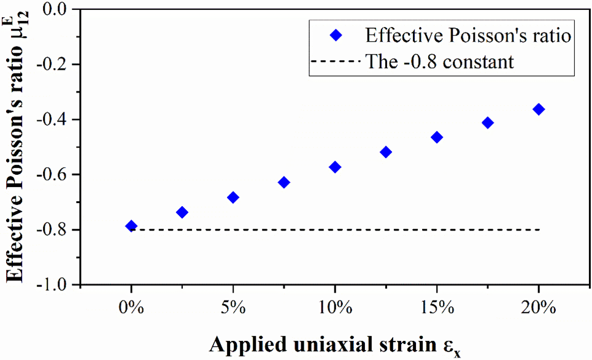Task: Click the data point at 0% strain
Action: pyautogui.click(x=131, y=226)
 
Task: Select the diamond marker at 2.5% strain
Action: pyautogui.click(x=182, y=212)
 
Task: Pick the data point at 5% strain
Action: pyautogui.click(x=233, y=197)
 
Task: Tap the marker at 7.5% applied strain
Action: pyautogui.click(x=284, y=182)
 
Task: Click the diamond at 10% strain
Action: pyautogui.click(x=335, y=167)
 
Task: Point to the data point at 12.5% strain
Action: pyautogui.click(x=386, y=152)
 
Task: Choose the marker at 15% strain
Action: pyautogui.click(x=437, y=137)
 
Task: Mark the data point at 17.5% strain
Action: pyautogui.click(x=488, y=123)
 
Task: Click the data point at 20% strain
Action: pyautogui.click(x=539, y=109)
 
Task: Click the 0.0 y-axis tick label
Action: pyautogui.click(x=56, y=9)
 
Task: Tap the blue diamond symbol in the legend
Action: pyautogui.click(x=335, y=36)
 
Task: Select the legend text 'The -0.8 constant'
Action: pyautogui.click(x=439, y=61)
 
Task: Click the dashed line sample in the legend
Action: pyautogui.click(x=335, y=61)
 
